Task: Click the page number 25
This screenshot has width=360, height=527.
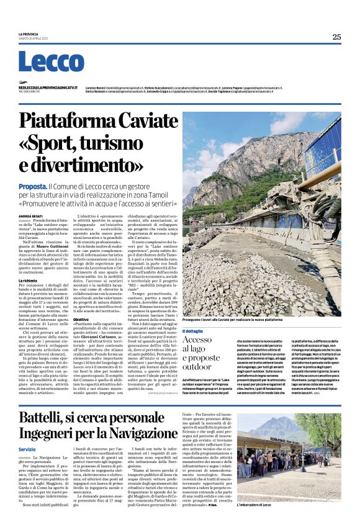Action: (336, 37)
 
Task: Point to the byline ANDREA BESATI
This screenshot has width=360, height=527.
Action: (30, 216)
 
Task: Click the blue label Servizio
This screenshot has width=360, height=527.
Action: (27, 449)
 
